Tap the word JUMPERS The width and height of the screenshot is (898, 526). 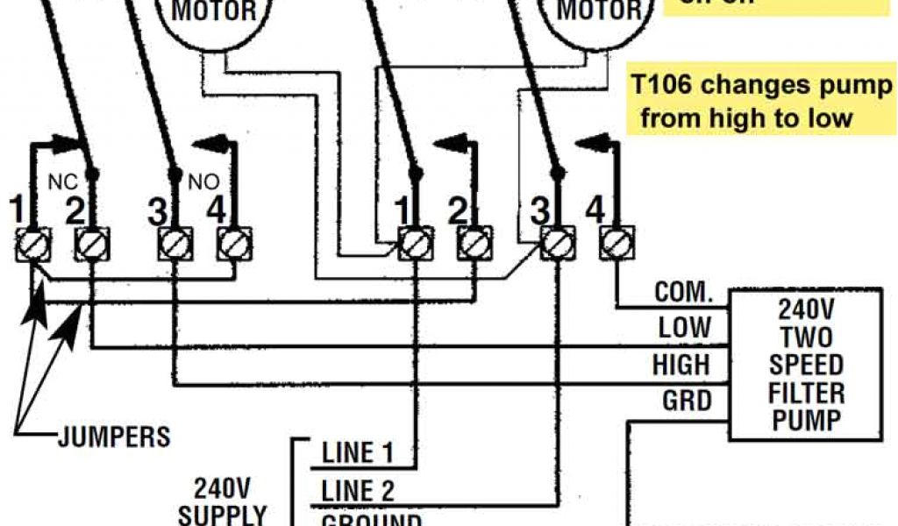[113, 436]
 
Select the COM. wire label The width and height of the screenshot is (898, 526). [684, 293]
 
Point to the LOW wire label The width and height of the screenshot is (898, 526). [685, 328]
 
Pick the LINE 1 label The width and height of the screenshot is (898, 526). [358, 453]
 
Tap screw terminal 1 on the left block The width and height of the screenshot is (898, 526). [33, 244]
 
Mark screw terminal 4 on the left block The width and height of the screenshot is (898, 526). [232, 244]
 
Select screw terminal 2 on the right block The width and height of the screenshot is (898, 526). [474, 244]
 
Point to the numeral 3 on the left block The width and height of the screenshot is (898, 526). [157, 210]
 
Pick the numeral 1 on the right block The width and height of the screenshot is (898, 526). [402, 210]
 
